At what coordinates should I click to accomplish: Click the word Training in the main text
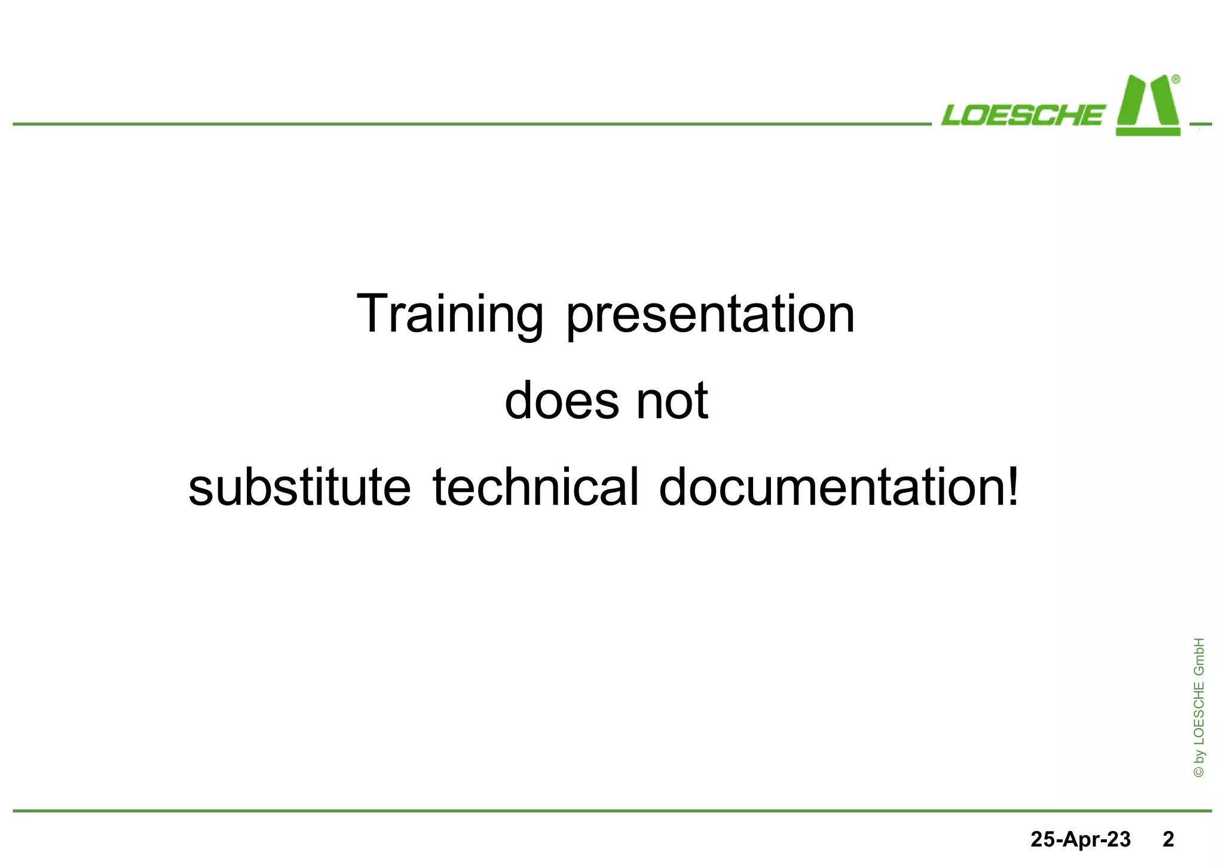pyautogui.click(x=449, y=314)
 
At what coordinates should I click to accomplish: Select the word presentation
pyautogui.click(x=710, y=314)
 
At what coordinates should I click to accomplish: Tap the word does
pyautogui.click(x=562, y=401)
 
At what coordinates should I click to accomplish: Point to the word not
pyautogui.click(x=672, y=401)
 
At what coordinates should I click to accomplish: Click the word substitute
pyautogui.click(x=299, y=487)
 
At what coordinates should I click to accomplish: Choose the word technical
pyautogui.click(x=535, y=487)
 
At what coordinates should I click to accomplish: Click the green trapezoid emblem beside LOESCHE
pyautogui.click(x=1147, y=106)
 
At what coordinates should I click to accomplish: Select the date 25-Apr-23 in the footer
pyautogui.click(x=1081, y=839)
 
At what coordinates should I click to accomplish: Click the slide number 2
pyautogui.click(x=1168, y=839)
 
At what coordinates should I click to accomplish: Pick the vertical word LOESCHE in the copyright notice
pyautogui.click(x=1199, y=712)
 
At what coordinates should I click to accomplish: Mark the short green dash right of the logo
pyautogui.click(x=1201, y=124)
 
